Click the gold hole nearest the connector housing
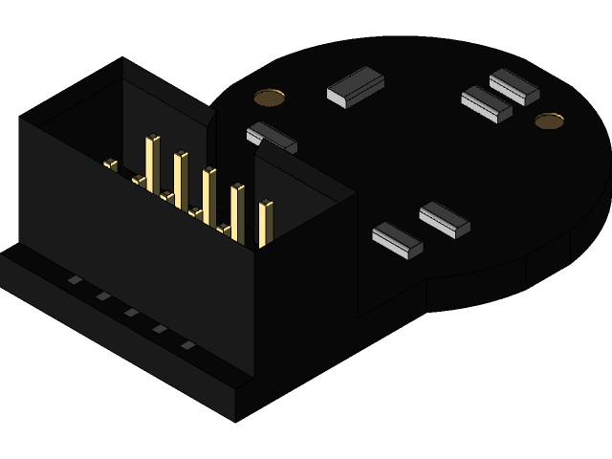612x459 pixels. click(x=269, y=97)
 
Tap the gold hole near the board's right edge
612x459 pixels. click(x=549, y=120)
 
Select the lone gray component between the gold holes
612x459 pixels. click(x=355, y=85)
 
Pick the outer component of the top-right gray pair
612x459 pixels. click(x=514, y=86)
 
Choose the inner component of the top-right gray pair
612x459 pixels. click(x=487, y=104)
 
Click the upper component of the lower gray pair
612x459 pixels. click(x=445, y=219)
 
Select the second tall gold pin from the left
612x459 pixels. click(x=180, y=178)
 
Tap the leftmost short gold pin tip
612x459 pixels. click(x=110, y=165)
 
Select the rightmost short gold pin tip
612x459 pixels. click(x=225, y=229)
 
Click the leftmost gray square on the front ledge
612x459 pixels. click(x=74, y=280)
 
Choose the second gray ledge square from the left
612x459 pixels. click(x=102, y=296)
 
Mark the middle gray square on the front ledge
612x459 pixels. click(x=131, y=313)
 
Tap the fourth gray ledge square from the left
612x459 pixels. click(x=160, y=329)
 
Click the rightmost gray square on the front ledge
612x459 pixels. click(x=188, y=344)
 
